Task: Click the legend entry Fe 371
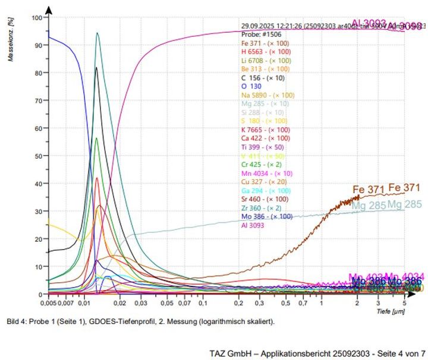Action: click(266, 43)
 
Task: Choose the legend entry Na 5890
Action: click(267, 95)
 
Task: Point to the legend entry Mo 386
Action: click(267, 216)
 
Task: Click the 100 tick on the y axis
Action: click(37, 18)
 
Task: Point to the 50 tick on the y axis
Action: click(39, 156)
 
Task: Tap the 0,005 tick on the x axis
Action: click(49, 303)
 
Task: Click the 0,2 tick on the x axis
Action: click(238, 303)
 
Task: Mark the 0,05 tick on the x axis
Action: click(168, 303)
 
